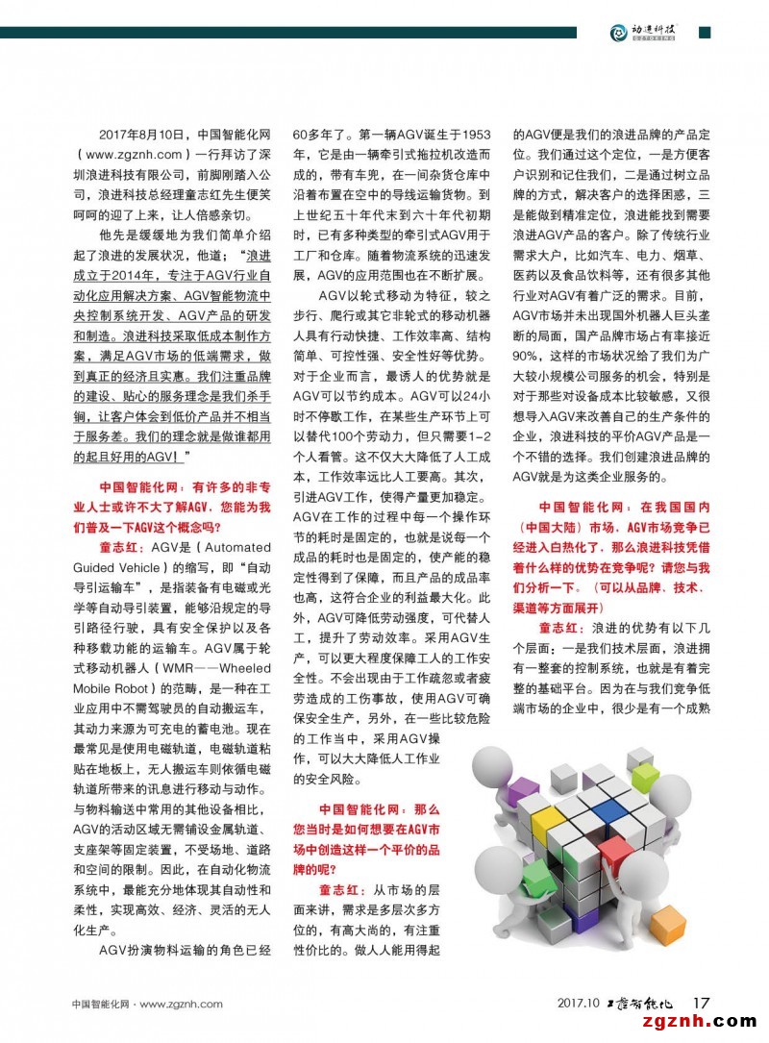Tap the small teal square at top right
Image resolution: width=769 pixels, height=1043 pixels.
tap(705, 32)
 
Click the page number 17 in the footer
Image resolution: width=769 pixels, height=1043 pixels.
tap(701, 1004)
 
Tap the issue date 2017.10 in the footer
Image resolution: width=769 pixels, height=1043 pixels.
tap(577, 1005)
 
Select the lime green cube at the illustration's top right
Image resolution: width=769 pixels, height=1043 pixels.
tap(645, 776)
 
